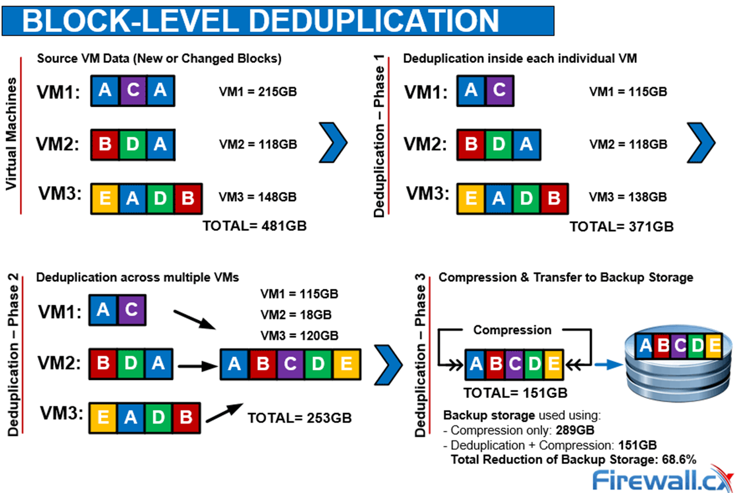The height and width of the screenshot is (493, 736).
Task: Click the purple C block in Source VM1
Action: click(133, 91)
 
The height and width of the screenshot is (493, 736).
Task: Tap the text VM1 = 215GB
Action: click(257, 91)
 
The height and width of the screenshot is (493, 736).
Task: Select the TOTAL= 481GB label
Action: click(254, 226)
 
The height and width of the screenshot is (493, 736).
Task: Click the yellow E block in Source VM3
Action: click(106, 199)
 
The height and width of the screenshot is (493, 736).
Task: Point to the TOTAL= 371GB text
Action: click(622, 226)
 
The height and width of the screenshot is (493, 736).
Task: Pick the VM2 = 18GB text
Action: click(297, 314)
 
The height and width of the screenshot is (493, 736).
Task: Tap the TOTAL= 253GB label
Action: click(299, 418)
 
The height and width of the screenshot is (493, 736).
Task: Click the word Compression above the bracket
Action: click(512, 330)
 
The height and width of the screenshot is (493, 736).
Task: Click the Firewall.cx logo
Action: click(657, 479)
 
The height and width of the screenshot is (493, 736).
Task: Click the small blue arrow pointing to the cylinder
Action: click(609, 365)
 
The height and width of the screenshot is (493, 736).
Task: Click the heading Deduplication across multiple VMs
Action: click(137, 278)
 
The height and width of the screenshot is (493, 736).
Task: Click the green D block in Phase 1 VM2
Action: click(498, 145)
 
